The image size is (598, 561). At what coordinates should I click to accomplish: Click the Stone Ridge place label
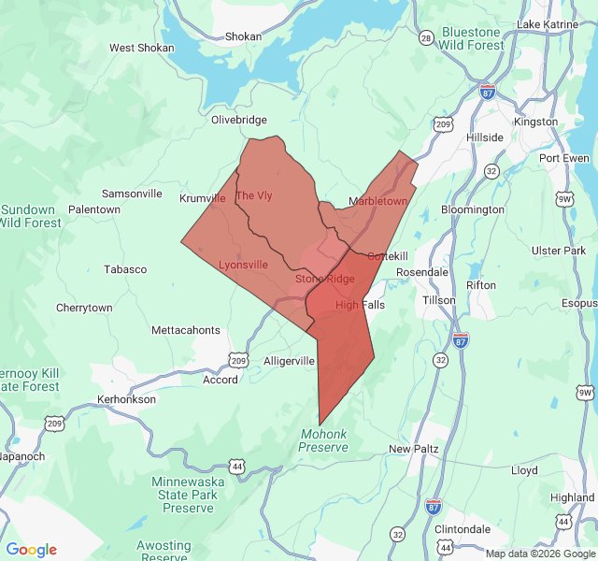(x=325, y=279)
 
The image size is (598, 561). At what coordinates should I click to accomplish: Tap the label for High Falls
(x=360, y=305)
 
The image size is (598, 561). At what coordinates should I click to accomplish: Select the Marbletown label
(x=377, y=201)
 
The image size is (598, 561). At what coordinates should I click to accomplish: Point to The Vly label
(x=254, y=195)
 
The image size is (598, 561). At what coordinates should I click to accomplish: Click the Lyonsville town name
(x=243, y=265)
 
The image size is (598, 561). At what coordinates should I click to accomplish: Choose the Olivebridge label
(x=239, y=120)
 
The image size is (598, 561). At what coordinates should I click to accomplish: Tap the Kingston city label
(x=535, y=122)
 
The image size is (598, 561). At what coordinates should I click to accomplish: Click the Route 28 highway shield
(x=426, y=38)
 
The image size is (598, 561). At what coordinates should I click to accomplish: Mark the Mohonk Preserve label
(x=323, y=440)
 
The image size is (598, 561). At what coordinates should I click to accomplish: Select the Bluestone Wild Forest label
(x=472, y=38)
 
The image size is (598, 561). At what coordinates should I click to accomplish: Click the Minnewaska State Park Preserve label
(x=190, y=494)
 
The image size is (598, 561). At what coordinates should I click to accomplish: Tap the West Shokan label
(x=141, y=48)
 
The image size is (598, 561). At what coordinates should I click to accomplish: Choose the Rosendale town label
(x=422, y=272)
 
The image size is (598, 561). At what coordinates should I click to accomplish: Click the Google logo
(x=32, y=550)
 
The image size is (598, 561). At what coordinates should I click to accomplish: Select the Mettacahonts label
(x=186, y=330)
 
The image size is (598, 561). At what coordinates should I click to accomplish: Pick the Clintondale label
(x=463, y=528)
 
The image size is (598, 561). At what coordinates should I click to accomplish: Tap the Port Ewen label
(x=563, y=158)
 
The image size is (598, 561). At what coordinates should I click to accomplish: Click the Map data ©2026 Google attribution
(x=540, y=554)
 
